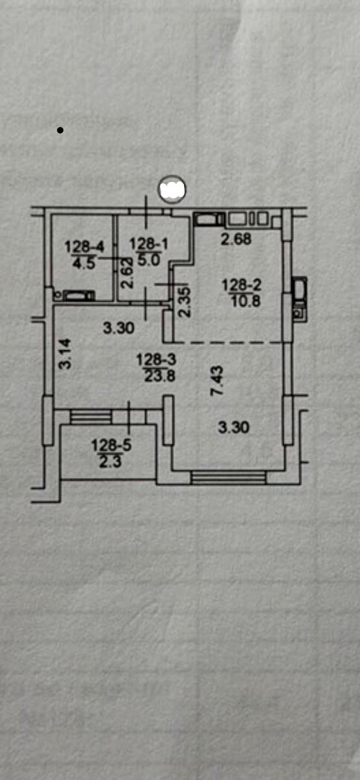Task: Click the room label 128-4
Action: point(84,247)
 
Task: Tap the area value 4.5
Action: point(84,263)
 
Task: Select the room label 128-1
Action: point(149,244)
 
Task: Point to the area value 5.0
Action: point(149,259)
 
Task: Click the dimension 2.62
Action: point(127,272)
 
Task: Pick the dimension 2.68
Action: point(236,239)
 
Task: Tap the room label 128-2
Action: point(242,285)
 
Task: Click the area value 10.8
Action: point(246,301)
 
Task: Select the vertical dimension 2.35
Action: point(185,302)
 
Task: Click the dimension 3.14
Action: point(65,354)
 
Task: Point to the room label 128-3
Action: point(157,359)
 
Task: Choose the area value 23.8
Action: point(160,376)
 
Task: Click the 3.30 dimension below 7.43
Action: point(234,427)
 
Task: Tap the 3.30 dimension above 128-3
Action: point(119,328)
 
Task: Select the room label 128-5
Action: point(111,445)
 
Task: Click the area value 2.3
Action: point(110,461)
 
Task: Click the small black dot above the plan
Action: point(60,131)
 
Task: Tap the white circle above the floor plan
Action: point(172,189)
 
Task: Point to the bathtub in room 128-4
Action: point(79,296)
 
